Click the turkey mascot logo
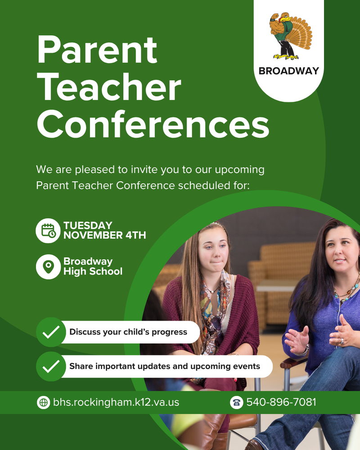pos(290,36)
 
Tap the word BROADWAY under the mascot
pos(288,71)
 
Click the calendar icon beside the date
pos(48,230)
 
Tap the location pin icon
pos(48,266)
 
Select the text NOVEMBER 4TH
pos(104,235)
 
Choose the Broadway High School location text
pos(93,266)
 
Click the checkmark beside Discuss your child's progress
pos(51,332)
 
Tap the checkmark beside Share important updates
pos(51,366)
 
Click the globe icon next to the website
pos(43,402)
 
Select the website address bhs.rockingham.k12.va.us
pos(116,402)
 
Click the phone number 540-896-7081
pos(281,402)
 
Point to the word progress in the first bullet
pos(169,332)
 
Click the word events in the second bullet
pos(247,366)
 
